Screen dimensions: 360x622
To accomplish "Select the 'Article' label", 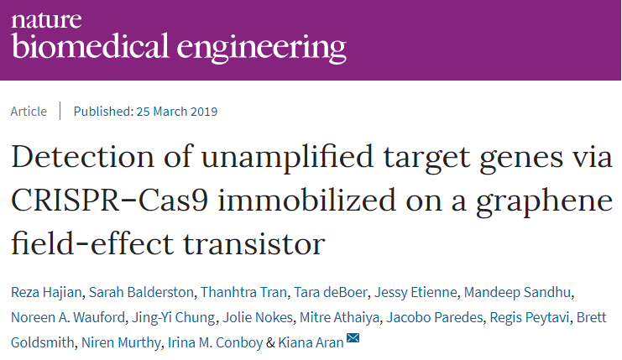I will (29, 112).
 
